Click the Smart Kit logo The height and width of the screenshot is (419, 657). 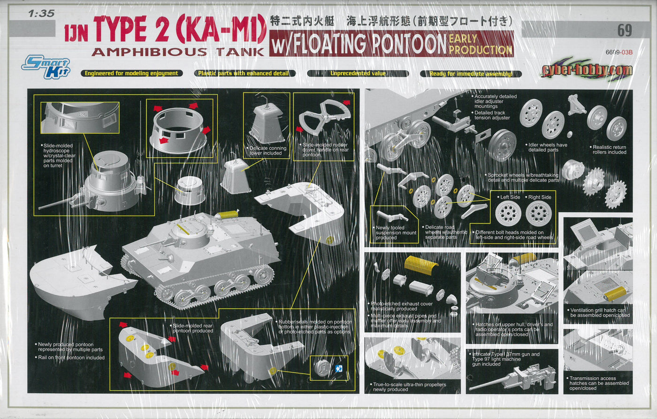pyautogui.click(x=46, y=67)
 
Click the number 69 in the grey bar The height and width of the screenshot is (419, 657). pyautogui.click(x=625, y=31)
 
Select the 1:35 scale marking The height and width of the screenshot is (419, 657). pyautogui.click(x=41, y=14)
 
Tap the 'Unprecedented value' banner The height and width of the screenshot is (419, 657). pyautogui.click(x=358, y=73)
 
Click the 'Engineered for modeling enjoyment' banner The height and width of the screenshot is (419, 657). pyautogui.click(x=131, y=73)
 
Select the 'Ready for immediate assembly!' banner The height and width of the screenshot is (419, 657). pyautogui.click(x=470, y=73)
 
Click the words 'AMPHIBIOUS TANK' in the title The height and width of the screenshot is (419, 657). pyautogui.click(x=178, y=52)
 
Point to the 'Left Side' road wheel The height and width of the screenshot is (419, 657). pyautogui.click(x=508, y=213)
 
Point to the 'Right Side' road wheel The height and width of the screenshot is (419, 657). pyautogui.click(x=539, y=213)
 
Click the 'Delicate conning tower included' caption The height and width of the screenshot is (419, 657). pyautogui.click(x=267, y=151)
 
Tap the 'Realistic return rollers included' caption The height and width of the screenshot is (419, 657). pyautogui.click(x=609, y=149)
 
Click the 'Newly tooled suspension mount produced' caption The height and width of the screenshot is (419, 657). pyautogui.click(x=396, y=233)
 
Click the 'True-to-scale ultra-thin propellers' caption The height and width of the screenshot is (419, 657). pyautogui.click(x=409, y=387)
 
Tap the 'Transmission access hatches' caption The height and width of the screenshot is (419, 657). pyautogui.click(x=599, y=383)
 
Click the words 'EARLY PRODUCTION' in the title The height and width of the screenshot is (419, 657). pyautogui.click(x=480, y=44)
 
